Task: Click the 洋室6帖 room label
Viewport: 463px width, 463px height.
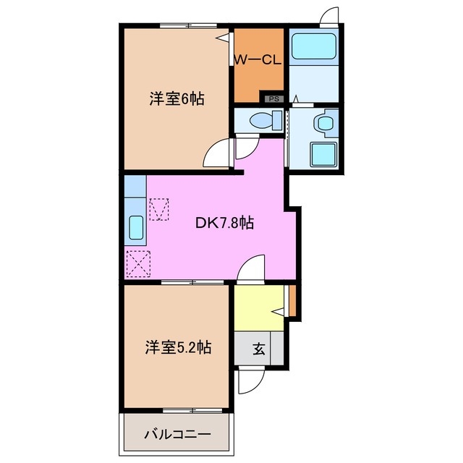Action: click(x=177, y=100)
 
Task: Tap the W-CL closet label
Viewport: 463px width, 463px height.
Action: click(x=257, y=61)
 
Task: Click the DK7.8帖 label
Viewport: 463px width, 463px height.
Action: click(x=224, y=224)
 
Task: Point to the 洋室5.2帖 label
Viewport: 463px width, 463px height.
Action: click(x=177, y=348)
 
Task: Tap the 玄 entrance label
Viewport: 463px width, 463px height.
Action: click(x=258, y=349)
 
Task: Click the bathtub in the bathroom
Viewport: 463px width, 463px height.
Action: click(x=313, y=48)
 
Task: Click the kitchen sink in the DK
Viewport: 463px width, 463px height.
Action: click(x=135, y=228)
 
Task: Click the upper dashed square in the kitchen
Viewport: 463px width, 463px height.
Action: click(x=159, y=209)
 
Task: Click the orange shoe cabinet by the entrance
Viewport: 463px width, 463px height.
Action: click(x=292, y=300)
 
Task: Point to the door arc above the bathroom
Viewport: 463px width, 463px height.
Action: click(x=329, y=17)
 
